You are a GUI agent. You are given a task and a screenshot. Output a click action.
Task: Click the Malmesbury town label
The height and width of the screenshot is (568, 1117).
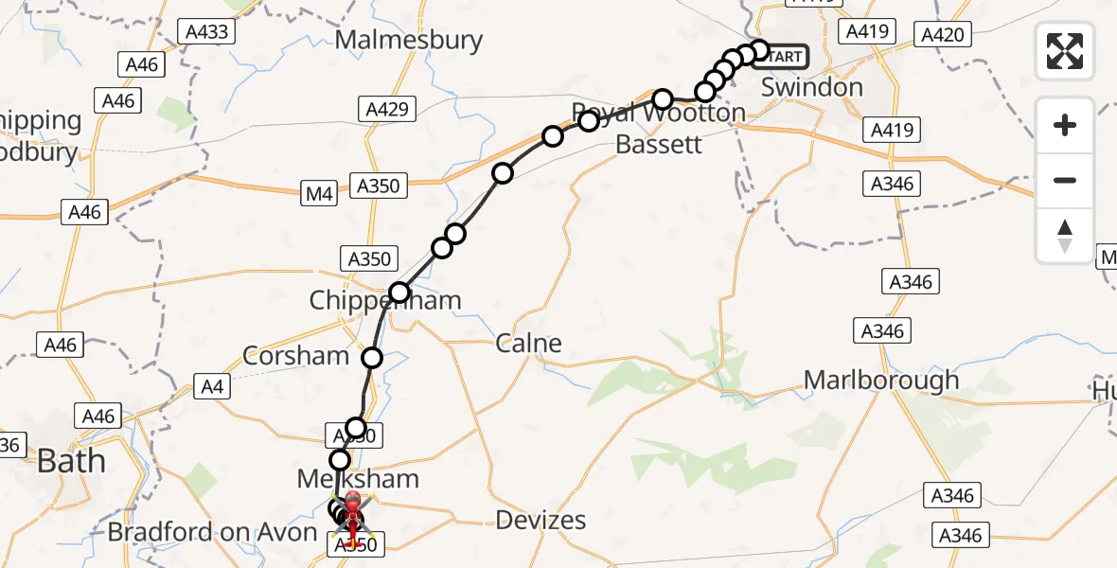pyautogui.click(x=408, y=41)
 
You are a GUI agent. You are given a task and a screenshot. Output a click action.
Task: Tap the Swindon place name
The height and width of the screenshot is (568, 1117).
pyautogui.click(x=813, y=88)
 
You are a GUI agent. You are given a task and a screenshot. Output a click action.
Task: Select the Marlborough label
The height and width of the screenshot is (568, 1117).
pyautogui.click(x=880, y=381)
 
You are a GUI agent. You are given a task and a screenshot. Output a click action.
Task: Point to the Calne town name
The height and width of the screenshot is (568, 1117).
pyautogui.click(x=528, y=343)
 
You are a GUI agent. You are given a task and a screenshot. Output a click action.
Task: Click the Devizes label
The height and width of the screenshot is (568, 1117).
pyautogui.click(x=542, y=520)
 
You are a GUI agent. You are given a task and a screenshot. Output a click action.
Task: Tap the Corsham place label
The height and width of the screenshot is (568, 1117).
pyautogui.click(x=296, y=356)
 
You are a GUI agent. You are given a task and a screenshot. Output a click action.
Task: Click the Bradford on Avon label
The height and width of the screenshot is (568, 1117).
pyautogui.click(x=212, y=532)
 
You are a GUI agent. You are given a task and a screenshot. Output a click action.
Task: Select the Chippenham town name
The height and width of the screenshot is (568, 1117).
pyautogui.click(x=385, y=301)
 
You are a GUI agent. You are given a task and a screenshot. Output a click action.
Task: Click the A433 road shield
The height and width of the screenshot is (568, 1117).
pyautogui.click(x=205, y=32)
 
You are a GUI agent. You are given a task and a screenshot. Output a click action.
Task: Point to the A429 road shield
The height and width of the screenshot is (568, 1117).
pyautogui.click(x=389, y=110)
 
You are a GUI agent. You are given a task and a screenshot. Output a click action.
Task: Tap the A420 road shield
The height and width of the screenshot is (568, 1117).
pyautogui.click(x=942, y=36)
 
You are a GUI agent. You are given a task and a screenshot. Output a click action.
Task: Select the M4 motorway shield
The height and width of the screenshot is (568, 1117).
pyautogui.click(x=319, y=195)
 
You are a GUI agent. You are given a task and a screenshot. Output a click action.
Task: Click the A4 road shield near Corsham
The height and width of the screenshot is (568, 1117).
pyautogui.click(x=210, y=385)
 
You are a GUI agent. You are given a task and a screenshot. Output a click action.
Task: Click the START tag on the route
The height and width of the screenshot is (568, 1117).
pyautogui.click(x=785, y=57)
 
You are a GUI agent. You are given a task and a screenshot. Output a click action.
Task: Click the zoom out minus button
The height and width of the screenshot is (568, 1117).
pyautogui.click(x=1065, y=180)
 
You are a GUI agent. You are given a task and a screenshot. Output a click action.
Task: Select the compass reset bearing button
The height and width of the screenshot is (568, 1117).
pyautogui.click(x=1065, y=236)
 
